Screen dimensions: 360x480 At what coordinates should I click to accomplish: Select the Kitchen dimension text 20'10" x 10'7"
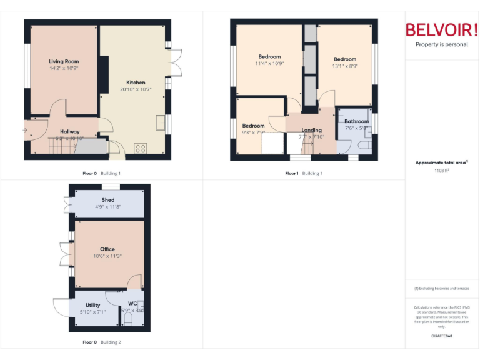[x=136, y=89]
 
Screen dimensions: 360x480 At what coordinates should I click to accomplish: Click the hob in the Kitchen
[x=140, y=148]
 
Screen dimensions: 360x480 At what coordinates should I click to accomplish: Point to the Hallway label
[x=69, y=131]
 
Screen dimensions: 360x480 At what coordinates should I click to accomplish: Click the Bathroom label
[x=356, y=121]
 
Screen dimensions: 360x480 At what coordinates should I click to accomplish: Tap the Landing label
[x=311, y=130]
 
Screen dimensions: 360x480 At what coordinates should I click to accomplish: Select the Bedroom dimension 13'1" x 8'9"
[x=344, y=66]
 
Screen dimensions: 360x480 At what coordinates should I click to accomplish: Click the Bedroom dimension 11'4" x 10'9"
[x=269, y=63]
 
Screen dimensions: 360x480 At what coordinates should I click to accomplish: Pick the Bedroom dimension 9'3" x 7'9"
[x=254, y=132]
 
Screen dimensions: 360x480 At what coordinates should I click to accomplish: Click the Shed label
[x=108, y=200]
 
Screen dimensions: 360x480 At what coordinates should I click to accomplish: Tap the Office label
[x=107, y=249]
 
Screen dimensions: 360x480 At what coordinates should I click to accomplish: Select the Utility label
[x=93, y=305]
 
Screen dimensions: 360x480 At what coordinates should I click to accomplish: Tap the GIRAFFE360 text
[x=442, y=336]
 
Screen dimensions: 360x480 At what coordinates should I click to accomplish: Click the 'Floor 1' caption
[x=292, y=173]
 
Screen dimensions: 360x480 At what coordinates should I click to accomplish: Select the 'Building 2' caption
[x=111, y=342]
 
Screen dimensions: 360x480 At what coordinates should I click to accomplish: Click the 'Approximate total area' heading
[x=441, y=162]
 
